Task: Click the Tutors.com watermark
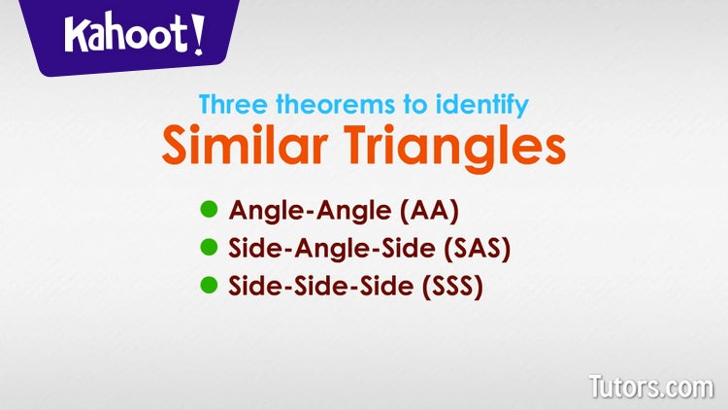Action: pyautogui.click(x=650, y=386)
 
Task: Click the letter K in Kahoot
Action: pyautogui.click(x=78, y=36)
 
